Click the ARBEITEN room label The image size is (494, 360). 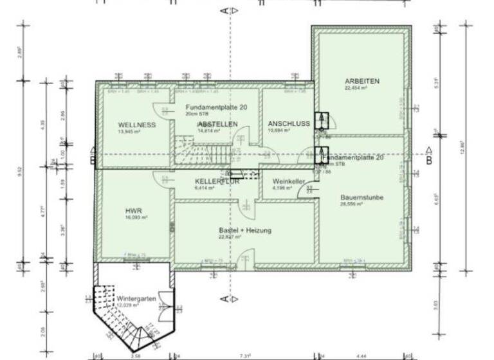361,82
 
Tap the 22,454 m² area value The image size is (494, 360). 361,89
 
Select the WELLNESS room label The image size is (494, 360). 136,125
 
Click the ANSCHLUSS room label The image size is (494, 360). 289,123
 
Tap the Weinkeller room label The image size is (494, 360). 288,182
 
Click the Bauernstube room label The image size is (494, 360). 361,197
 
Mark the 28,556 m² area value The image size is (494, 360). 361,204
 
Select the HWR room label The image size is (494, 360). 133,210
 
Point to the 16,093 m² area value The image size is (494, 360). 133,218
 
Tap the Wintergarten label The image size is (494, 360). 136,300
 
